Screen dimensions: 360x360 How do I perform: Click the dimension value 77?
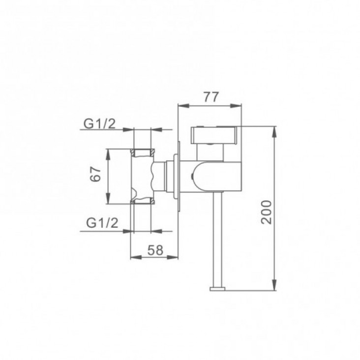click(x=211, y=97)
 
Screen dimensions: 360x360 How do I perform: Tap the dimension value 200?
click(x=267, y=212)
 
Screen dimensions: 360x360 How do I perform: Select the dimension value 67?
click(x=96, y=175)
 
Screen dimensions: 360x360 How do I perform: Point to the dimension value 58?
click(x=155, y=250)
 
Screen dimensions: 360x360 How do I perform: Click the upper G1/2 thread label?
click(x=99, y=124)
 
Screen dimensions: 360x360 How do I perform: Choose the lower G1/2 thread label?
click(x=102, y=223)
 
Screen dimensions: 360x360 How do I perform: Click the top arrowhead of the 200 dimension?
click(x=274, y=132)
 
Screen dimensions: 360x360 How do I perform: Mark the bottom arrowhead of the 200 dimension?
click(x=274, y=285)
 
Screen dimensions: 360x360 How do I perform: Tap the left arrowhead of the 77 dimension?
click(x=183, y=106)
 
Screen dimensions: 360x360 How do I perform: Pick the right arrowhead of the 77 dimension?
click(x=236, y=106)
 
